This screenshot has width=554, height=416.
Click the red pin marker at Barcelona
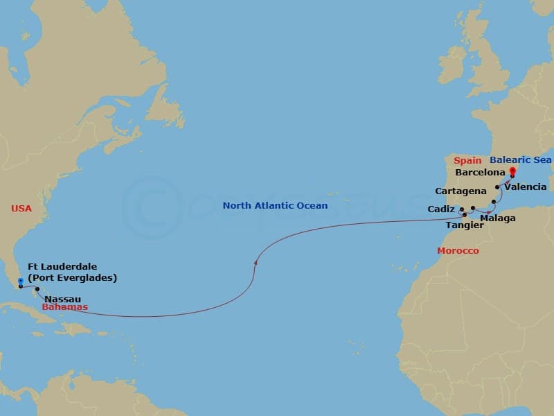click(512, 171)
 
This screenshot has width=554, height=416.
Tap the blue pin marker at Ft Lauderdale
click(21, 283)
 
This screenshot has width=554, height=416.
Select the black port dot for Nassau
click(37, 290)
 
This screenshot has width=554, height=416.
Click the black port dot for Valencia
click(497, 187)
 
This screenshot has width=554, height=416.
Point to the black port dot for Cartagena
click(493, 202)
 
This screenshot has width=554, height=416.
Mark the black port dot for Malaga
click(472, 208)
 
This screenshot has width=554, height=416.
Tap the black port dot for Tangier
click(464, 215)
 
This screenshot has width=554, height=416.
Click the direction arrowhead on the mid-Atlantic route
click(256, 262)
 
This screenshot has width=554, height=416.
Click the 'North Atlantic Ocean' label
click(275, 206)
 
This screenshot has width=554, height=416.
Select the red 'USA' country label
click(21, 208)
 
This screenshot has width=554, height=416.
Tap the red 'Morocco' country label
click(457, 250)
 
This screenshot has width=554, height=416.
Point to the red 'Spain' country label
click(468, 160)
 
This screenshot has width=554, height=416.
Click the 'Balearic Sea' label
click(520, 160)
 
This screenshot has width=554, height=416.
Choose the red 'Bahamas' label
click(64, 306)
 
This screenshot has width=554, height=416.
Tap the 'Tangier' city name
click(465, 225)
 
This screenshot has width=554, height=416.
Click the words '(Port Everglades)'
click(72, 278)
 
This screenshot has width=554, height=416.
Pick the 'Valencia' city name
click(526, 187)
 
